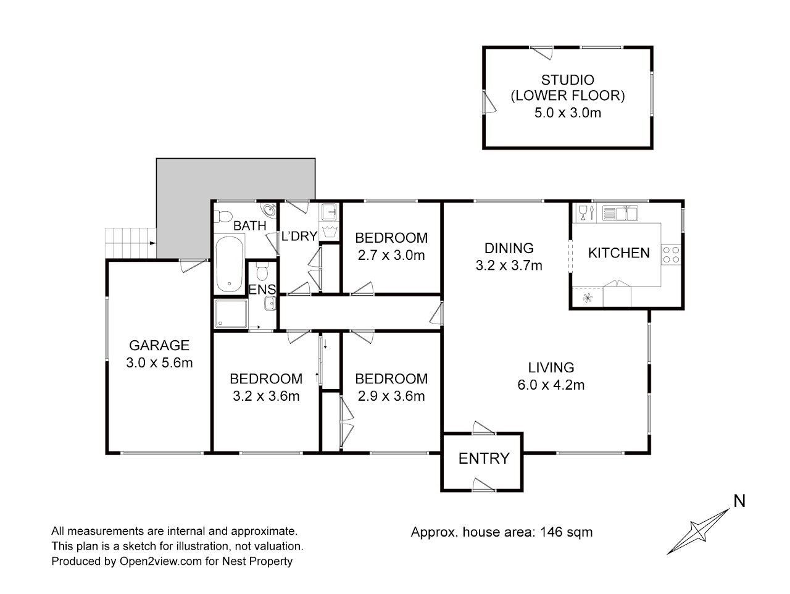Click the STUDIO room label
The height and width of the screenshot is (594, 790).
click(x=568, y=80)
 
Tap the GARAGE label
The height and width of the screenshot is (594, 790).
click(x=159, y=345)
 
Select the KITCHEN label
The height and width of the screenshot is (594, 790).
click(x=618, y=253)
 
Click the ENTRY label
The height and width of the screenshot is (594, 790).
click(x=484, y=458)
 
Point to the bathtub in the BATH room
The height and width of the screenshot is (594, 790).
click(x=230, y=264)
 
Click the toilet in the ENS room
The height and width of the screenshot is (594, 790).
click(x=262, y=270)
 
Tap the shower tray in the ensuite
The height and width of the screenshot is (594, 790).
click(x=231, y=313)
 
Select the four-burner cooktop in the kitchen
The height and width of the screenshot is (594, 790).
click(x=671, y=254)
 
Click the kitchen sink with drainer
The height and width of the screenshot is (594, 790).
click(x=620, y=213)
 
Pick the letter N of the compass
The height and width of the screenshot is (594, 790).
click(x=739, y=501)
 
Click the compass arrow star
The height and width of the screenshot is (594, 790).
click(x=698, y=532)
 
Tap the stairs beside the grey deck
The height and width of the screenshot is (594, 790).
click(x=131, y=243)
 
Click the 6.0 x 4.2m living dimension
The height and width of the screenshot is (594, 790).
click(x=551, y=385)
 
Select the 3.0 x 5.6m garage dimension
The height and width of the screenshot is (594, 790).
click(x=159, y=362)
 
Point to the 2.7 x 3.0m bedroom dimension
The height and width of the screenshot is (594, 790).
click(x=391, y=255)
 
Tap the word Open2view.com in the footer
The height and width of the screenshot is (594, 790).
click(x=160, y=561)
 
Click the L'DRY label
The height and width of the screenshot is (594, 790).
click(x=299, y=236)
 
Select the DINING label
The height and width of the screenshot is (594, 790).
click(x=509, y=248)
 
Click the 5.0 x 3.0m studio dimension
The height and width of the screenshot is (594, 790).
click(x=568, y=112)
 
